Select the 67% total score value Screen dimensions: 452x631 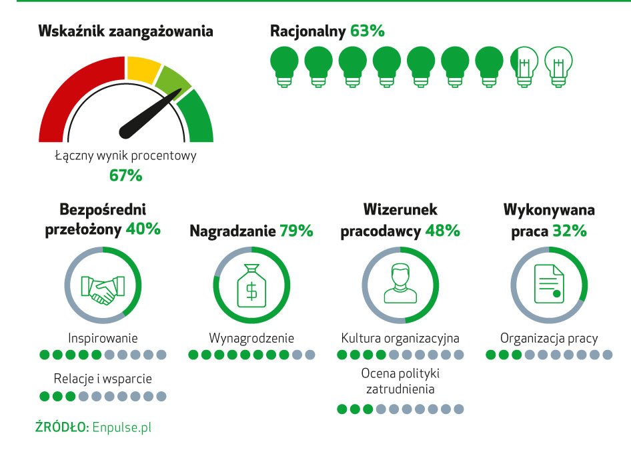(125, 176)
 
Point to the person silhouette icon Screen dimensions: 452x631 (400, 285)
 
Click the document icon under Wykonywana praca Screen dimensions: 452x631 (548, 285)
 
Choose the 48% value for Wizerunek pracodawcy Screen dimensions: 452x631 (444, 231)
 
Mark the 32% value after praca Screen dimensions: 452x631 (570, 231)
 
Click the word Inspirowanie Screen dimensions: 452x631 (103, 337)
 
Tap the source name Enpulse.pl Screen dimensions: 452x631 (122, 427)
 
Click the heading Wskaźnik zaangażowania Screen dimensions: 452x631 (126, 31)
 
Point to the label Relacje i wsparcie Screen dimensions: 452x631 (103, 379)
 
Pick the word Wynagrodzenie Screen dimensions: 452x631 (251, 337)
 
